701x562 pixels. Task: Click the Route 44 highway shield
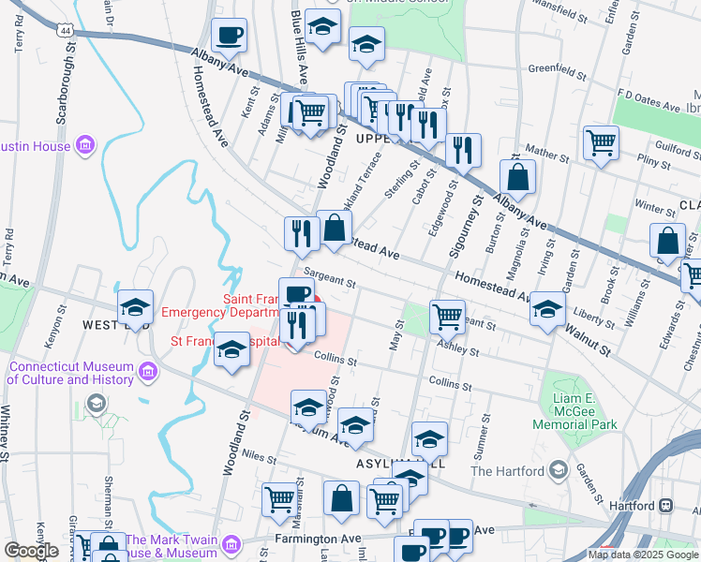(x=65, y=31)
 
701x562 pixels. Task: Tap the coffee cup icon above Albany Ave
(x=229, y=37)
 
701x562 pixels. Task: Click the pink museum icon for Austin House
(x=86, y=146)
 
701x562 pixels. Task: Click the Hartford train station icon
(x=665, y=505)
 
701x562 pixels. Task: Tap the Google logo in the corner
(x=31, y=551)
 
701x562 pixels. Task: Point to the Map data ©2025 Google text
(x=643, y=555)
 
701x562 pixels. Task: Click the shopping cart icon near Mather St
(x=601, y=143)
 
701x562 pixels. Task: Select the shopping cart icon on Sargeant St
(x=448, y=316)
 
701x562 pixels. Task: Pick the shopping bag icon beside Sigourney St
(x=517, y=176)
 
